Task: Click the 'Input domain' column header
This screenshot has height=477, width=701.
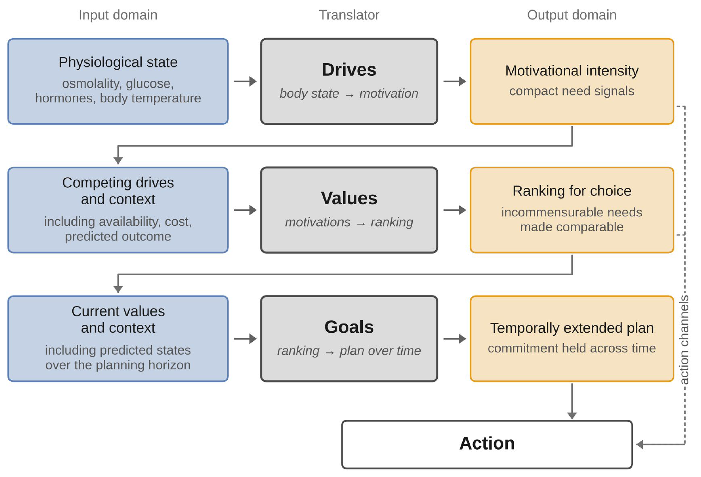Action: [118, 15]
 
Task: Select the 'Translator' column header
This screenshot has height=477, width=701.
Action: [349, 15]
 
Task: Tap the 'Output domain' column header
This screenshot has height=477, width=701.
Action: [572, 15]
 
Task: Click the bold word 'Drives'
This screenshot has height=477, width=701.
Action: [349, 70]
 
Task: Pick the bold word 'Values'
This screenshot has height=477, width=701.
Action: [349, 198]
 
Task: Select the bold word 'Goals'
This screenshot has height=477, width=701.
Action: [349, 327]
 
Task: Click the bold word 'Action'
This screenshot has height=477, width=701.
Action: [487, 443]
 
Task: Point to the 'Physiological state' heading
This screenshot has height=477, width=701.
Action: [118, 62]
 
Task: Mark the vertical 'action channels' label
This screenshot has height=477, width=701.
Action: [684, 339]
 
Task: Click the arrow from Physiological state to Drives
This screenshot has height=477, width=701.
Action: [245, 81]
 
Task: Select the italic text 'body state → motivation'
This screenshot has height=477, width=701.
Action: [349, 93]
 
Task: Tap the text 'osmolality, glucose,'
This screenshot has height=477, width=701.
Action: [118, 84]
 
